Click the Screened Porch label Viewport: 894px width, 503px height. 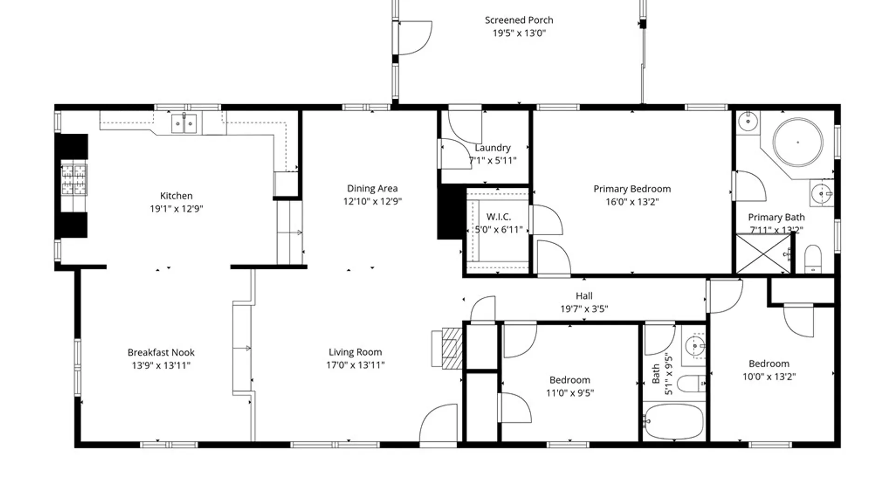point(519,20)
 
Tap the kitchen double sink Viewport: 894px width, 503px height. point(184,123)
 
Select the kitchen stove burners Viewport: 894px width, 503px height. point(74,180)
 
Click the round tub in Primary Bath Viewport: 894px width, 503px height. point(798,142)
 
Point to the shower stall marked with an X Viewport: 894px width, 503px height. point(763,254)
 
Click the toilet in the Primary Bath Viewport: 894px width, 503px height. point(813,259)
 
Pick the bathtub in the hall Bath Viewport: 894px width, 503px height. point(674,421)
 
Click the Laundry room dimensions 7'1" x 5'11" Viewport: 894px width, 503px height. point(493,161)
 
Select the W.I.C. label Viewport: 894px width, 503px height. point(498,217)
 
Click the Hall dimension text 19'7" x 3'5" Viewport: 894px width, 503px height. point(584,309)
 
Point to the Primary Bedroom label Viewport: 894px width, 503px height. point(632,189)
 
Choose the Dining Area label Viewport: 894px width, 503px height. point(372,188)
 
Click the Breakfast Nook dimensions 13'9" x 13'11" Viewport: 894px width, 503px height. point(161,366)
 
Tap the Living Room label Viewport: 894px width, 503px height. point(355,352)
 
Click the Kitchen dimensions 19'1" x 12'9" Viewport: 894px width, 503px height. point(176,209)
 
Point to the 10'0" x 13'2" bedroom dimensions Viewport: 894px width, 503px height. point(769,376)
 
